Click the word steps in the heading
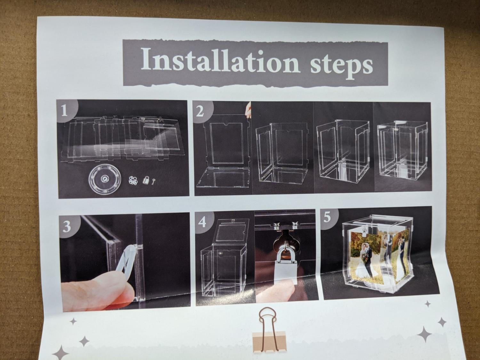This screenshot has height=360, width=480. (x=341, y=63)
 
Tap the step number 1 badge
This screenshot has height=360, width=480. (x=66, y=110)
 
